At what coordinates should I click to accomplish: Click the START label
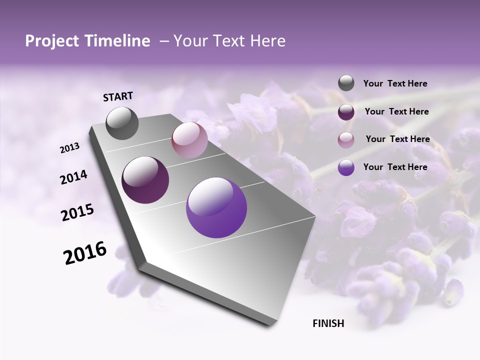(x=118, y=96)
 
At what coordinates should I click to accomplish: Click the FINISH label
(x=328, y=323)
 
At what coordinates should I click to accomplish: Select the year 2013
(x=70, y=148)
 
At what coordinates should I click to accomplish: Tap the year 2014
(x=73, y=177)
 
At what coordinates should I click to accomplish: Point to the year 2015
(x=77, y=212)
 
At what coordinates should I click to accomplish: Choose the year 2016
(x=85, y=253)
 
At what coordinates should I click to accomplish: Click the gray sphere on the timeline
(x=122, y=123)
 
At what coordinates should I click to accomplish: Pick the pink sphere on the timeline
(x=189, y=140)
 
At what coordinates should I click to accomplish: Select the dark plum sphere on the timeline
(x=145, y=180)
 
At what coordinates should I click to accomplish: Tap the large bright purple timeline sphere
(x=216, y=207)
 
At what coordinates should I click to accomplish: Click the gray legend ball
(x=346, y=83)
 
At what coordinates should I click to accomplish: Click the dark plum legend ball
(x=346, y=112)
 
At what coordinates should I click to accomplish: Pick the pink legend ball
(x=346, y=140)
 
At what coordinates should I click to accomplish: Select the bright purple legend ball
(x=346, y=167)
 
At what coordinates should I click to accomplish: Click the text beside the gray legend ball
(x=395, y=84)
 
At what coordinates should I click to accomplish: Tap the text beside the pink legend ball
(x=397, y=139)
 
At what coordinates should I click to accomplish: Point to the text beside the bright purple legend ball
(x=395, y=167)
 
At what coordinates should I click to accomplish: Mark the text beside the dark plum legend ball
(x=397, y=111)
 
